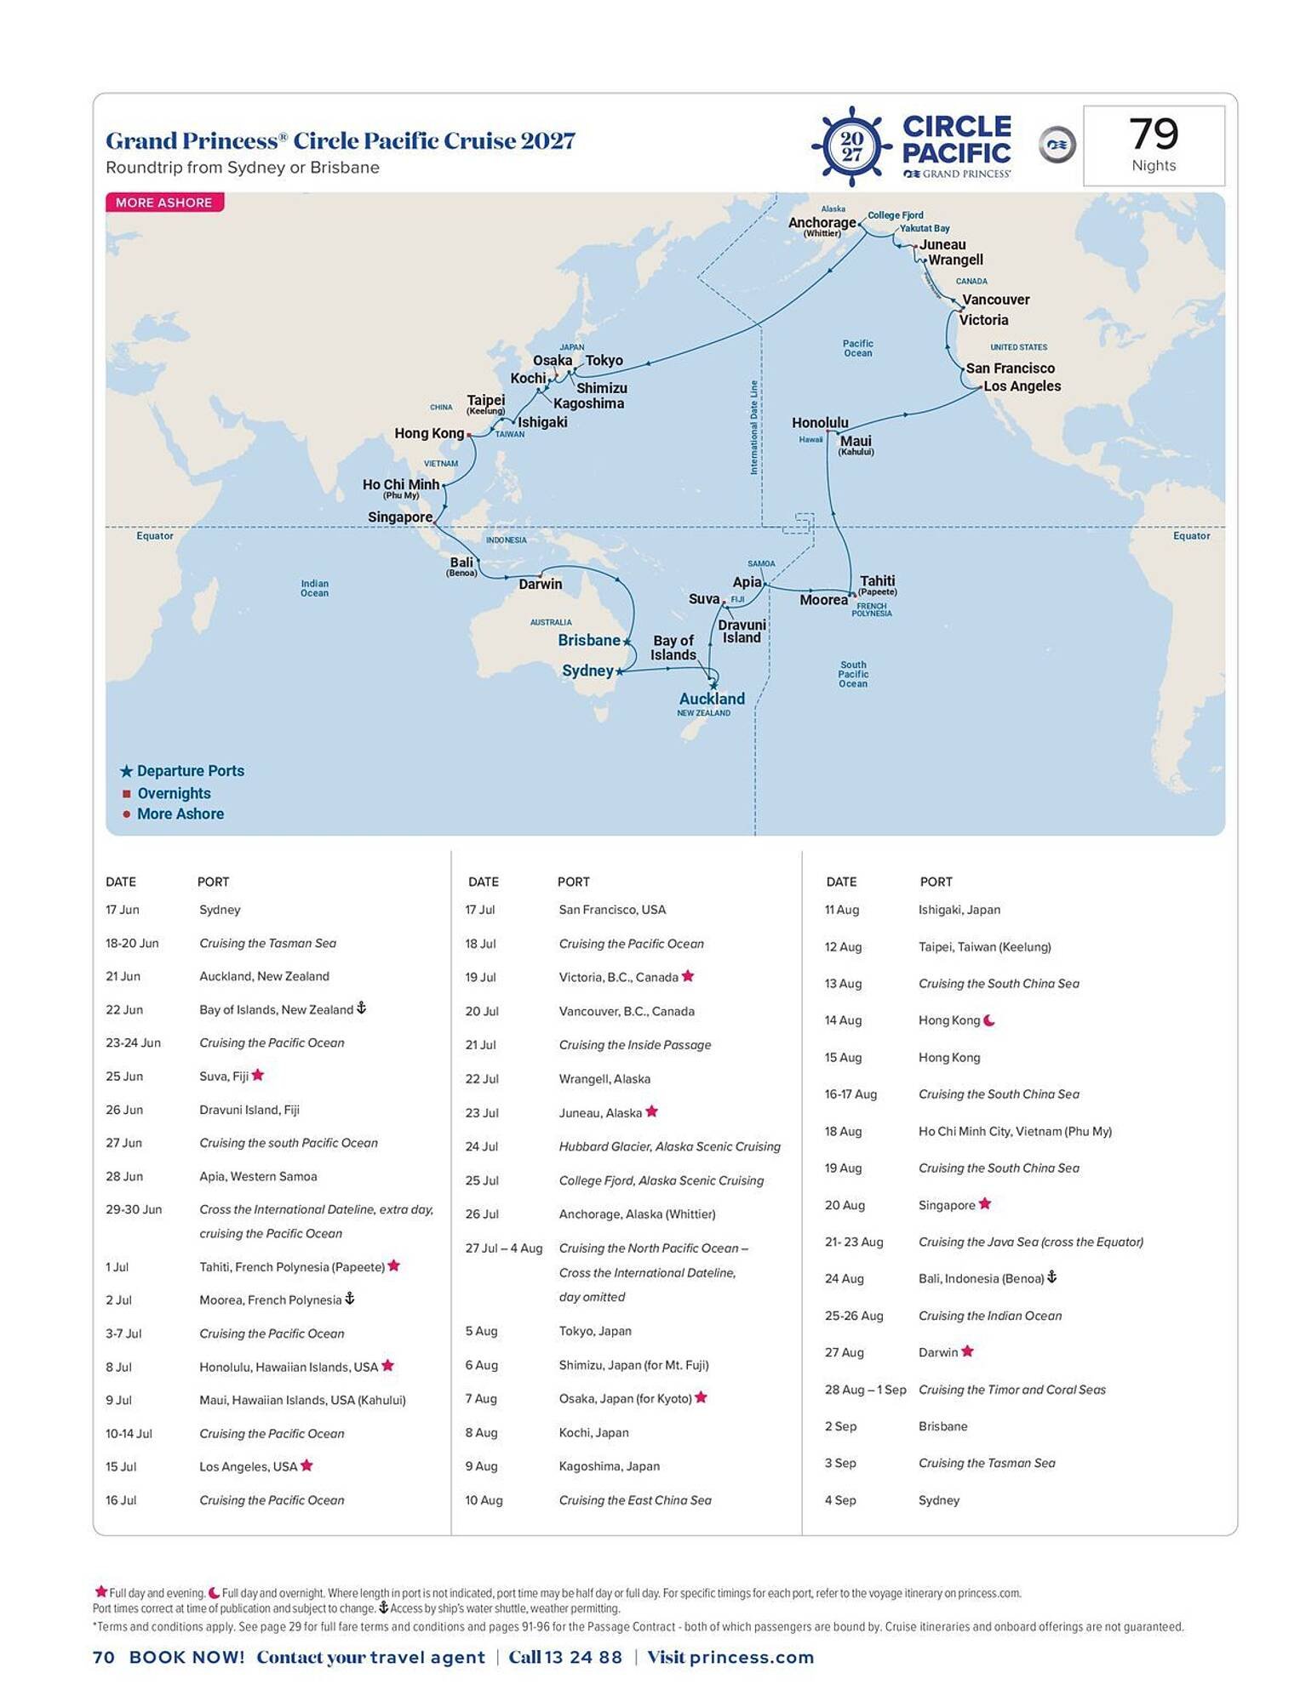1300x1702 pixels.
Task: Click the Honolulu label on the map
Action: pos(819,422)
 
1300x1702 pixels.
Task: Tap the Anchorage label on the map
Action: pos(822,223)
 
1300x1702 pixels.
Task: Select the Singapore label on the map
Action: pos(400,517)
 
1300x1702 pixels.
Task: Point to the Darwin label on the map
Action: pos(540,584)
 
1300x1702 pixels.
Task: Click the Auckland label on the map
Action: pos(711,699)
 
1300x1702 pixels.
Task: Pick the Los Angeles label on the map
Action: pos(1022,386)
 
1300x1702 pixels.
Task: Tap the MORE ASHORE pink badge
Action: pos(164,203)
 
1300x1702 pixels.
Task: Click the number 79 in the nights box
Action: pos(1154,134)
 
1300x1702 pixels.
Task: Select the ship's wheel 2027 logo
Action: pos(850,146)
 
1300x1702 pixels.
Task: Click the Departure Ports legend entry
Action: pos(190,771)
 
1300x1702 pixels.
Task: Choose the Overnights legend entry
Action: pos(174,793)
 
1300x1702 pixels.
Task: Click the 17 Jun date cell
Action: pos(123,910)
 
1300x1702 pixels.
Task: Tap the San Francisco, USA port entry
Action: pos(612,910)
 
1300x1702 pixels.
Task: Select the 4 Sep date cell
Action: pos(841,1500)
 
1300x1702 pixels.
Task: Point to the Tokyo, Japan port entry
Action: pos(595,1331)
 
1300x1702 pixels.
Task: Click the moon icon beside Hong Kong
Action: pos(989,1020)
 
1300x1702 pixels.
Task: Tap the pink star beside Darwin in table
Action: pos(968,1351)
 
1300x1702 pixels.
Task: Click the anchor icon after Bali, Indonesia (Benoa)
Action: pos(1051,1277)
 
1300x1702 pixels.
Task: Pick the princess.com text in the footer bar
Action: pos(752,1657)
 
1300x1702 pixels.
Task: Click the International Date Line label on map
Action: pos(754,427)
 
